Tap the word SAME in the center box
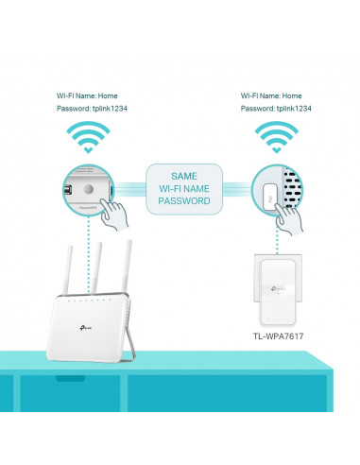click(x=185, y=176)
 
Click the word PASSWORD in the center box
click(x=185, y=201)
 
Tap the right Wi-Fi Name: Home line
click(x=271, y=95)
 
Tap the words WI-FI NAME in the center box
click(x=185, y=189)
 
